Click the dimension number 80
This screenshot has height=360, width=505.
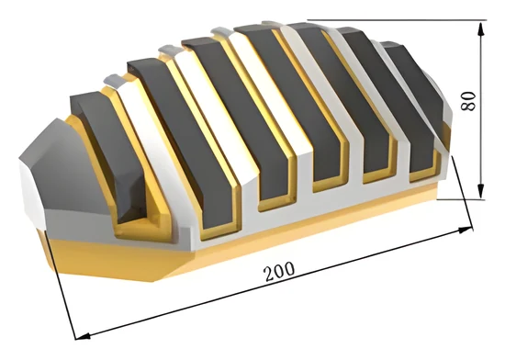(x=468, y=101)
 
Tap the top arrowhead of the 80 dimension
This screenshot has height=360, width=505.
(x=480, y=28)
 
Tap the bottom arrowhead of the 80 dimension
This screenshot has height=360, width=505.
(x=480, y=191)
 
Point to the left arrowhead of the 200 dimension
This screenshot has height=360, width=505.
(x=83, y=336)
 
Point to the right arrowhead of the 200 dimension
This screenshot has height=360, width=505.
(x=466, y=230)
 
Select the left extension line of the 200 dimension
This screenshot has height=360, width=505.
(x=61, y=284)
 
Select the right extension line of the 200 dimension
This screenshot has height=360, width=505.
(x=463, y=193)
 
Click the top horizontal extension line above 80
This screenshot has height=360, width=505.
(x=396, y=20)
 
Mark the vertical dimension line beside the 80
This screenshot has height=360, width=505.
(x=480, y=110)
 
